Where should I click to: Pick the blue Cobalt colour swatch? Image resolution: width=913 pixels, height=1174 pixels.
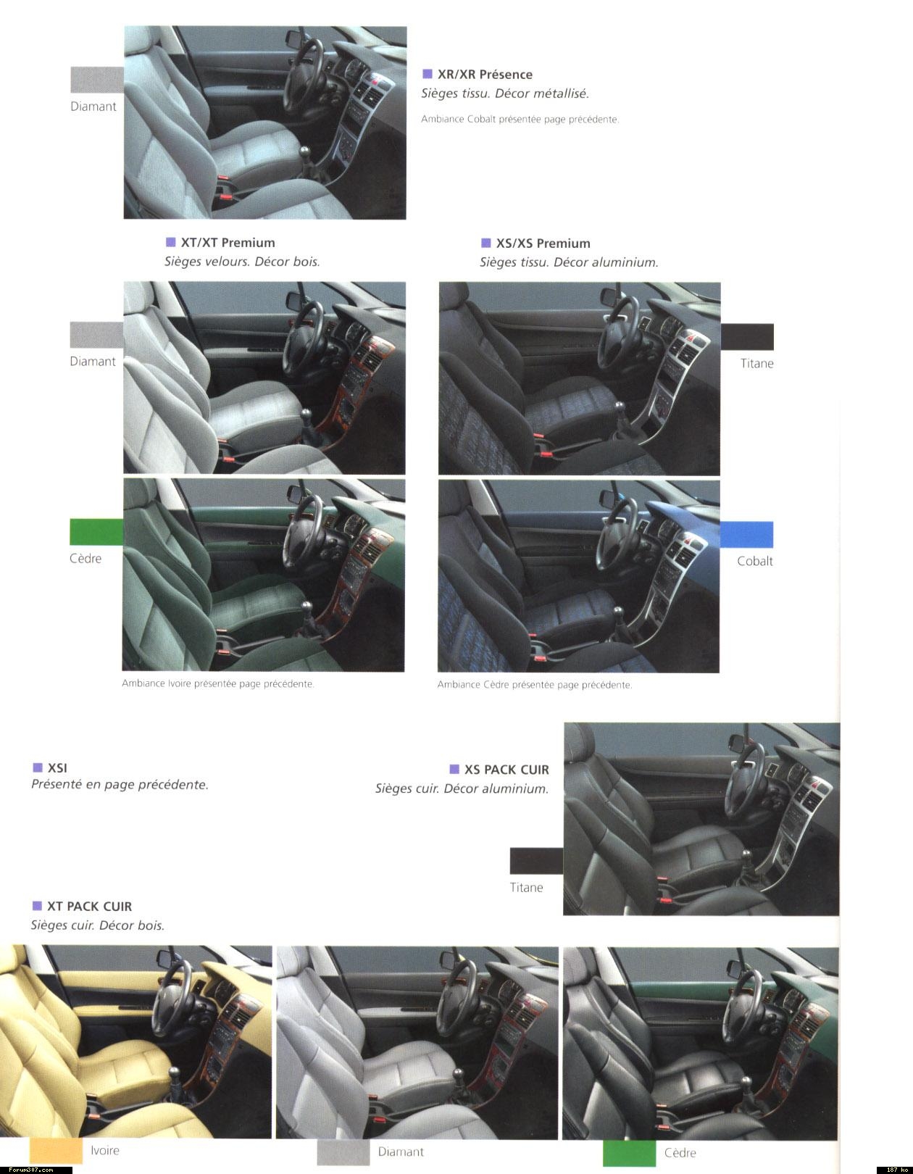pos(746,534)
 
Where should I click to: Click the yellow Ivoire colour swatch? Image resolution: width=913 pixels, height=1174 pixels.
pos(57,1150)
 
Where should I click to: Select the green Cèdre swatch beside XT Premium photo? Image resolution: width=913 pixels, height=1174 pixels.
pos(96,532)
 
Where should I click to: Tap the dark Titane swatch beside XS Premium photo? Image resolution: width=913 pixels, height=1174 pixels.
pos(747,336)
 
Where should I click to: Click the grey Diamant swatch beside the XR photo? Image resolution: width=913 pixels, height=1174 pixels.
pos(97,80)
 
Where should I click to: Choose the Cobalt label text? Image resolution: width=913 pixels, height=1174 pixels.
pos(755,561)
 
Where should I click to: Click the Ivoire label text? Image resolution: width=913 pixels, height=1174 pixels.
pos(105,1150)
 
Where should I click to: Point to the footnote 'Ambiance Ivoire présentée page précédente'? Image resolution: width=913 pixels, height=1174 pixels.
pos(217,683)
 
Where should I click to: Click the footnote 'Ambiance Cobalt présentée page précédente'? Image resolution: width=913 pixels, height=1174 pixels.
pos(520,119)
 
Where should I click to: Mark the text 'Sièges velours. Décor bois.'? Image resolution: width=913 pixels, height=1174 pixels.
pos(242,262)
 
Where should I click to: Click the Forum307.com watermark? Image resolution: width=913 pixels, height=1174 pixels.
pos(30,1170)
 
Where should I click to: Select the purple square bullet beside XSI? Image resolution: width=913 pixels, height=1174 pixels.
pos(38,767)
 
